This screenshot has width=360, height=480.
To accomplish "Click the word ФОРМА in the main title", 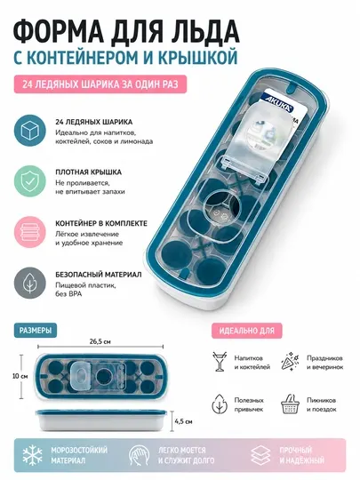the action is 61,31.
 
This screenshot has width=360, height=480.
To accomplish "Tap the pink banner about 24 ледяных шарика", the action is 100,84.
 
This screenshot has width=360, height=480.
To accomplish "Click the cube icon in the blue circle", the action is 29,131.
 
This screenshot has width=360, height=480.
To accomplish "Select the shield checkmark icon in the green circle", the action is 29,181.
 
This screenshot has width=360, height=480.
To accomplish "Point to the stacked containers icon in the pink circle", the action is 29,232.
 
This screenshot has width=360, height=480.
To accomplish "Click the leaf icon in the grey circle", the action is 29,284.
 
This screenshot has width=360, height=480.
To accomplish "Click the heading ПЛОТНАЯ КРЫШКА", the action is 89,172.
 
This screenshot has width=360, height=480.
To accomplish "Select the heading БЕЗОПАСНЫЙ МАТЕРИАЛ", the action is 99,275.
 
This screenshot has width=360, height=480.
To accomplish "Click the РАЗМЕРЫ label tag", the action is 36,331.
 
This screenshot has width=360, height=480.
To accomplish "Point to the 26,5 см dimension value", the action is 100,342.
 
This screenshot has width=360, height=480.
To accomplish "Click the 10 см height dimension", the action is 20,376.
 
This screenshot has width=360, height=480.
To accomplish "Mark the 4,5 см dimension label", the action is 184,421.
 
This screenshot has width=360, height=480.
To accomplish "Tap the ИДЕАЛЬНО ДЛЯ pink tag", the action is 247,331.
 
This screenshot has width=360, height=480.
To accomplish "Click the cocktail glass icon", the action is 220,362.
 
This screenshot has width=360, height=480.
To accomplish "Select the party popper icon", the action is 290,362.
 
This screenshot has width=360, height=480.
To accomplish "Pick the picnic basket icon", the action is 290,404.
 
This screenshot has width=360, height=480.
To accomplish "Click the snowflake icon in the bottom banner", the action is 33,455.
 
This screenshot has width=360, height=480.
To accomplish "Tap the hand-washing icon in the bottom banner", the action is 139,455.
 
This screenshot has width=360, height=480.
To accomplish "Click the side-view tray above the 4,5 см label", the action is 102,420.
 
